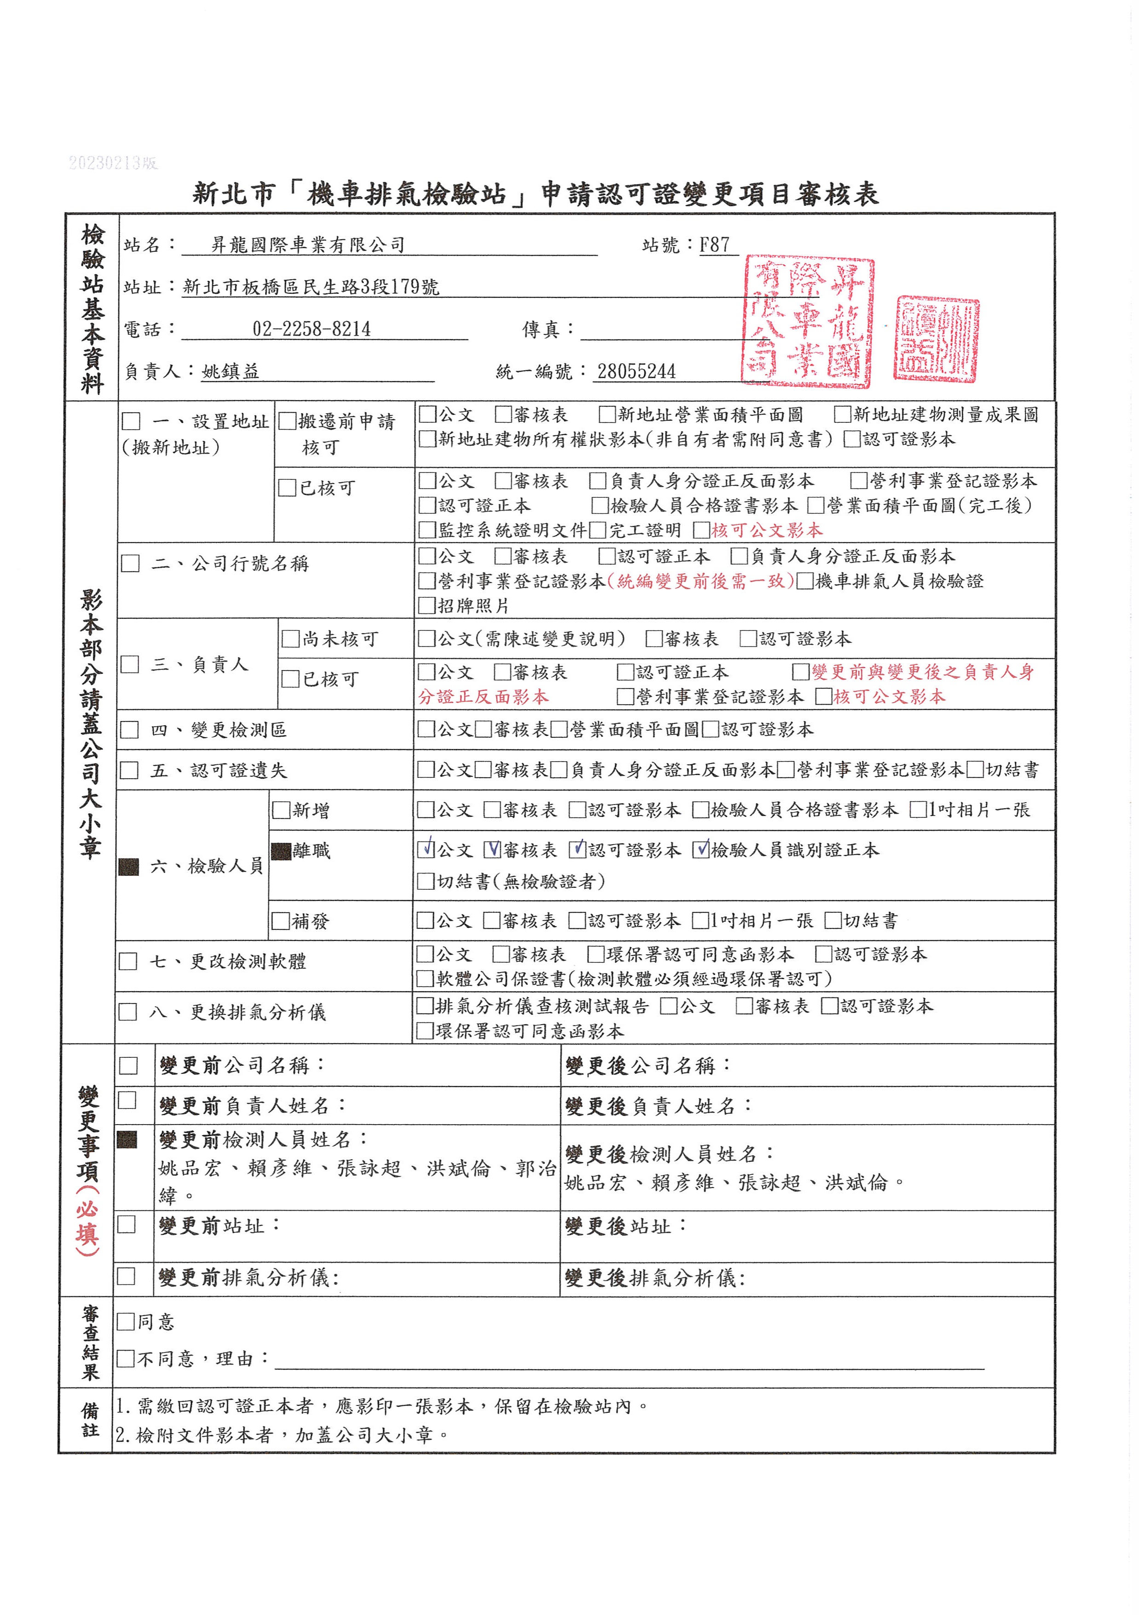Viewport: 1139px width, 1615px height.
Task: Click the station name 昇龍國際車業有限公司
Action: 308,245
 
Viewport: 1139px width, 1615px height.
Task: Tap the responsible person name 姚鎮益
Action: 230,371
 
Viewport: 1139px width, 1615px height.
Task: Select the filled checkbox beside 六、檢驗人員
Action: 129,867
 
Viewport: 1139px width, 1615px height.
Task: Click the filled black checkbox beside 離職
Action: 281,851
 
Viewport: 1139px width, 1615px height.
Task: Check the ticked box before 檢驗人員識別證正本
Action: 700,850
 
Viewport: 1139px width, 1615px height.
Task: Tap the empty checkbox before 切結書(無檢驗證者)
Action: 425,881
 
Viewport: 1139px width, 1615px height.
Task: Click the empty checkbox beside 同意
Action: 126,1322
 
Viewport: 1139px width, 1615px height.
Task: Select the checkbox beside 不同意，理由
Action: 126,1358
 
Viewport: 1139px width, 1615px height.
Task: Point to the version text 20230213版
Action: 113,163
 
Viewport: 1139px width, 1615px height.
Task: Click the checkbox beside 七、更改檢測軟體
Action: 128,962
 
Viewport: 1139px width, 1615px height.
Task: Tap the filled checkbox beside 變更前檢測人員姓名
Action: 127,1139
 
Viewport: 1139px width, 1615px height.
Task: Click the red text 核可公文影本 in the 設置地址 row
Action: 766,530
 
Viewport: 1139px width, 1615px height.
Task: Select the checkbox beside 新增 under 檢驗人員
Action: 281,810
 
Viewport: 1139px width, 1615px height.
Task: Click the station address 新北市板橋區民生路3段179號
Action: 311,287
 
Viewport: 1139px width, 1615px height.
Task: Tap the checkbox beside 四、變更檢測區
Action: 129,729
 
